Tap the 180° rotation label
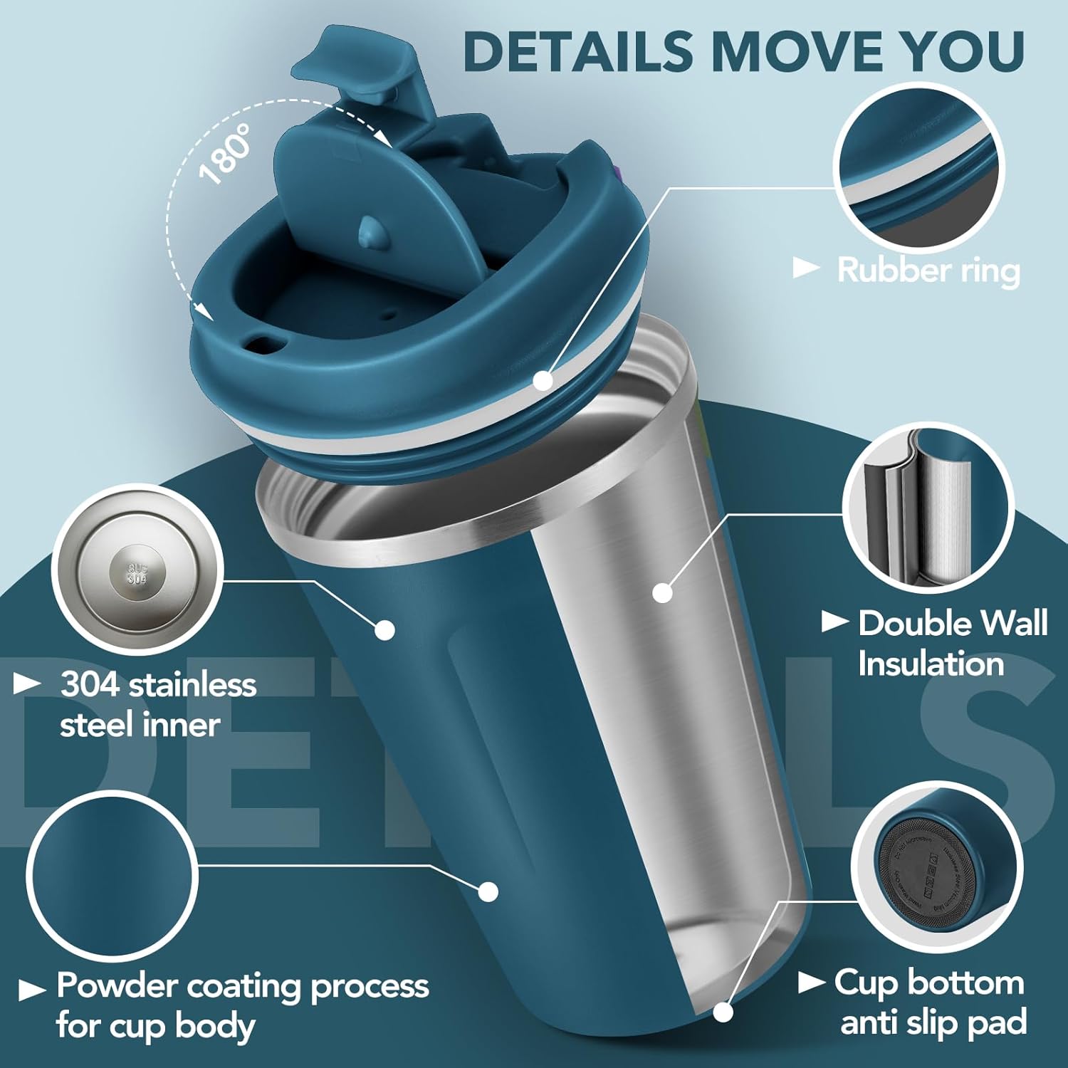tap(226, 154)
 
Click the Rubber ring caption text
tap(928, 271)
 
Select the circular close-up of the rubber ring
tap(918, 168)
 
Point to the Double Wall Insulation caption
tap(952, 643)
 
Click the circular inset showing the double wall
tap(928, 508)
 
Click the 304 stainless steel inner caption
tap(157, 705)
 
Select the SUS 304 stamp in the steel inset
tap(137, 574)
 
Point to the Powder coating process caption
tap(242, 1005)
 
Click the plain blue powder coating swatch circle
tap(112, 876)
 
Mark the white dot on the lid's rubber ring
tap(543, 382)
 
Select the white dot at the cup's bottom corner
tap(723, 1012)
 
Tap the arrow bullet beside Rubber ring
tap(807, 268)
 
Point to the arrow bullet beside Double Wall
tap(834, 622)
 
